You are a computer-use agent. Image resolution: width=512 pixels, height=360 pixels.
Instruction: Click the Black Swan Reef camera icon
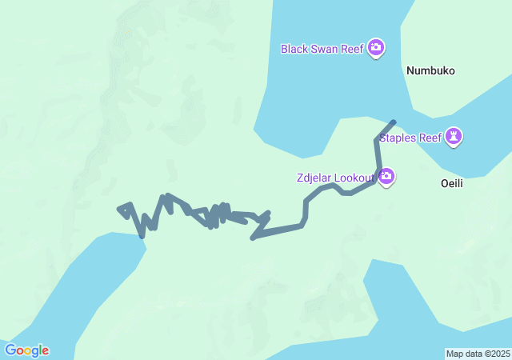click(376, 49)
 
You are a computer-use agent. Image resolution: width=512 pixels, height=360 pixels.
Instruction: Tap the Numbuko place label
click(430, 70)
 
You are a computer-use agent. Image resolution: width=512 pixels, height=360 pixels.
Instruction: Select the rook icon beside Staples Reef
click(454, 137)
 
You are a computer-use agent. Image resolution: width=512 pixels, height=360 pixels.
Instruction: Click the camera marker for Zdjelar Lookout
click(386, 176)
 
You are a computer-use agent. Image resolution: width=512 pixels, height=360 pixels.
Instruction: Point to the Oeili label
click(452, 183)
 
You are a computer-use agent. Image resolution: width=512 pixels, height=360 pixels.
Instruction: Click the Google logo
click(26, 350)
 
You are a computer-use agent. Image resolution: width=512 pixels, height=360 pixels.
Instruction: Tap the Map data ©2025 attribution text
click(478, 354)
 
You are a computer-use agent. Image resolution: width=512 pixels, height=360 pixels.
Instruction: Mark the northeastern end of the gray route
click(393, 122)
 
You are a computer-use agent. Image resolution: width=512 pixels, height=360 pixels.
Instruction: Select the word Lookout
click(356, 177)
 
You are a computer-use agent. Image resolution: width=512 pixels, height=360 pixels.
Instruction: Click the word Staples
click(398, 138)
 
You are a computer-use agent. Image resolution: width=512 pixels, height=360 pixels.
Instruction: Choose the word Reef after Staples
click(430, 138)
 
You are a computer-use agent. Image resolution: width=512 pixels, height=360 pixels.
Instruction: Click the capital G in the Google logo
click(10, 350)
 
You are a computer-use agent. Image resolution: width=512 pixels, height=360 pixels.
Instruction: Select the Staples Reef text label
click(410, 138)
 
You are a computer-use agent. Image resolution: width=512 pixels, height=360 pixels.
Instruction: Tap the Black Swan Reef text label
click(322, 49)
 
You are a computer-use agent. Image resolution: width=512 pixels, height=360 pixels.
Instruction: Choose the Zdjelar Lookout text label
click(334, 177)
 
